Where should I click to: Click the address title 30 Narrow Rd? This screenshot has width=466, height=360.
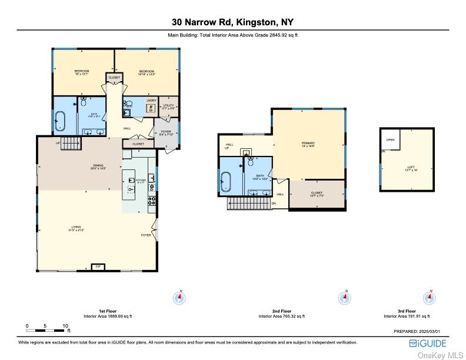(x=232, y=22)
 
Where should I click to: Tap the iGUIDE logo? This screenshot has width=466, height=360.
(x=428, y=343)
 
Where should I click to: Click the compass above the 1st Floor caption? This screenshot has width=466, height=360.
(x=179, y=298)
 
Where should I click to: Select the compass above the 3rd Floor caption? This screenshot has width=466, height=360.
(x=430, y=298)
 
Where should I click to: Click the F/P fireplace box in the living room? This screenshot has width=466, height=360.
(x=98, y=266)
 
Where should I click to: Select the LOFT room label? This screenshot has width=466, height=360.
(x=411, y=168)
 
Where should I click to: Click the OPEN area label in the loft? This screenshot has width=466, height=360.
(x=390, y=140)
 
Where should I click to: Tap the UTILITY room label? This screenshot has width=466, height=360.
(x=168, y=106)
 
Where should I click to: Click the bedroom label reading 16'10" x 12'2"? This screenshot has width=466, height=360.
(x=147, y=73)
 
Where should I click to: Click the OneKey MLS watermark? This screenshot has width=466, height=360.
(x=440, y=355)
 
